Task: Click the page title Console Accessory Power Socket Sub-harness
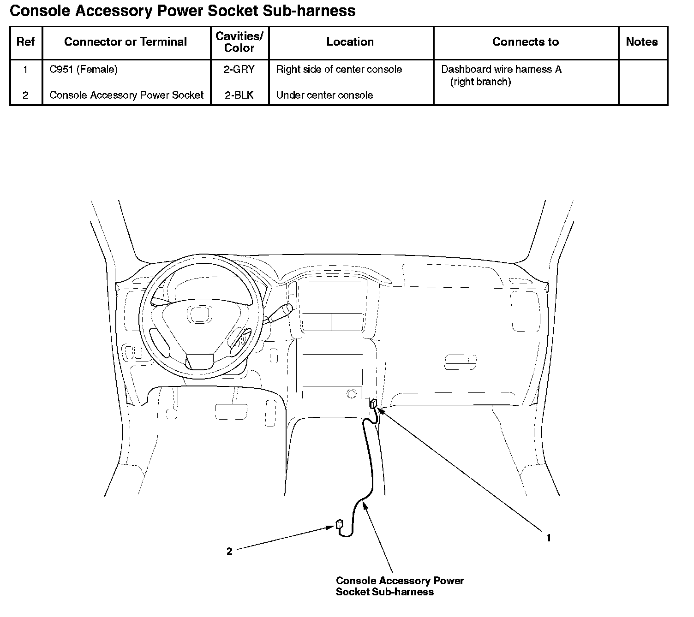[182, 11]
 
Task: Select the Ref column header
[25, 42]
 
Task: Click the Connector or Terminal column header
[126, 42]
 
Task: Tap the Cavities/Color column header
[239, 42]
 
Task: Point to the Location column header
[350, 42]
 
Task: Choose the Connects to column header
[526, 42]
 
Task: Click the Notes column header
[642, 42]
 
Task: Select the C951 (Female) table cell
[84, 70]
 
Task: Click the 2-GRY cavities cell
[239, 70]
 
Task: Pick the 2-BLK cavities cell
[239, 95]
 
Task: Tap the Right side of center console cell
[339, 70]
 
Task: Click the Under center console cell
[324, 95]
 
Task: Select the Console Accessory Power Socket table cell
[126, 95]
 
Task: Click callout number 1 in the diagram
[549, 538]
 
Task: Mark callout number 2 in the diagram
[229, 552]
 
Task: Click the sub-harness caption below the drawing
[400, 586]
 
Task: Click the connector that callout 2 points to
[340, 524]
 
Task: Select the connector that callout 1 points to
[373, 403]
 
